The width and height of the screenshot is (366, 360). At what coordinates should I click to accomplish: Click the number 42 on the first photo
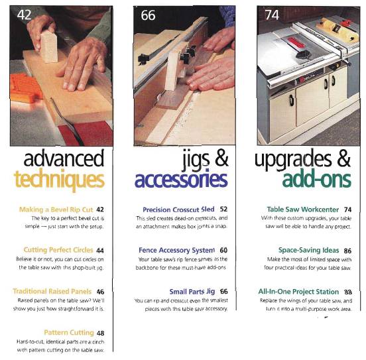point(25,15)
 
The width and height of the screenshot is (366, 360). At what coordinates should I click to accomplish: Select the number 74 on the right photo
point(272,15)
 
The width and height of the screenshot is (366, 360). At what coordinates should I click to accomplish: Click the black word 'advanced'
point(64,159)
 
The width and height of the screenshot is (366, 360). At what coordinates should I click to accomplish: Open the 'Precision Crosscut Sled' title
point(177,209)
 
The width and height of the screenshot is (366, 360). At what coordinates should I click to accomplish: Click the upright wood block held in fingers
point(49,45)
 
